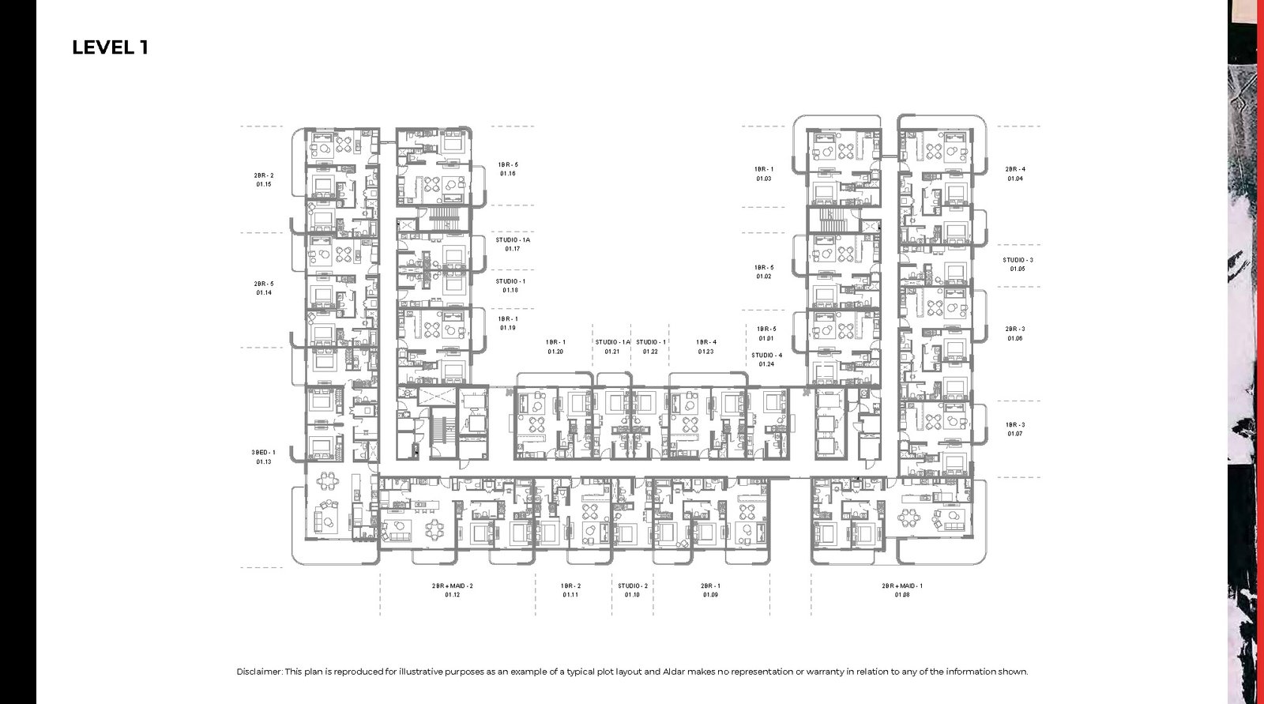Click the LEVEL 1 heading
pos(110,47)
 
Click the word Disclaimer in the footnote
pos(258,672)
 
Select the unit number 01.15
pos(264,184)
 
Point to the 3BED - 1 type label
pos(264,452)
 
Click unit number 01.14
pos(264,292)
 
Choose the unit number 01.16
pos(508,174)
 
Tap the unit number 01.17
pos(513,249)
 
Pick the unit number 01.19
pos(508,328)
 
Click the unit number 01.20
pos(555,352)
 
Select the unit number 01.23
pos(706,352)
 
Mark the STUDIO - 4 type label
pos(766,356)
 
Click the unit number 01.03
pos(763,179)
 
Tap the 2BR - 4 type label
pos(1015,169)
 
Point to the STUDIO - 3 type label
pos(1018,260)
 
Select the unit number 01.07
pos(1015,434)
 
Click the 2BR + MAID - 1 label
pos(902,586)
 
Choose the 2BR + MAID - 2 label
pos(452,586)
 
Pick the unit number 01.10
pos(632,595)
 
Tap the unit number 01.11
pos(571,595)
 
